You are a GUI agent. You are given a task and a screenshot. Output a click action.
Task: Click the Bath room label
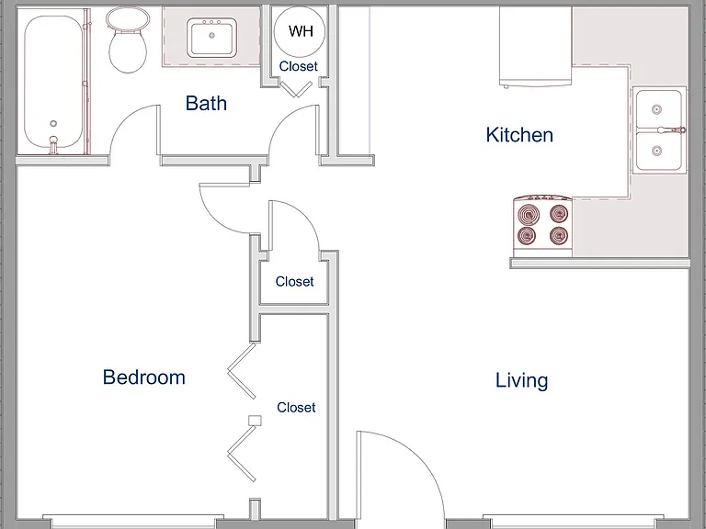[206, 103]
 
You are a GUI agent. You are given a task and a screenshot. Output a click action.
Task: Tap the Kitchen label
[519, 135]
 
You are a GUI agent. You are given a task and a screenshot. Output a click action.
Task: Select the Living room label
[522, 381]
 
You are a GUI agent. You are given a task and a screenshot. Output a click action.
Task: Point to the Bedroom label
[144, 377]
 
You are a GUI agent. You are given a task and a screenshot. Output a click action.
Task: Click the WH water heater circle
[300, 30]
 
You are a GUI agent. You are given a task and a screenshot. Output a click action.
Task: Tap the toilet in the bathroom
[128, 39]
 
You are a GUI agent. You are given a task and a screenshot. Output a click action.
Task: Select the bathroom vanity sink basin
[211, 38]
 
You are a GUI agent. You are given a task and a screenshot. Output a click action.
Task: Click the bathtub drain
[53, 124]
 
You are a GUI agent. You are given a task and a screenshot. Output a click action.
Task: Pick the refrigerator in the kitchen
[535, 46]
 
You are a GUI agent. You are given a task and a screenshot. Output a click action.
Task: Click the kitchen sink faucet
[671, 130]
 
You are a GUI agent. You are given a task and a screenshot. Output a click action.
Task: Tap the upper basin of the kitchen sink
[659, 108]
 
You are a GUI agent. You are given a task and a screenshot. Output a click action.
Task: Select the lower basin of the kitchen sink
[659, 152]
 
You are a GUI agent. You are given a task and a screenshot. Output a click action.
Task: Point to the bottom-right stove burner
[559, 236]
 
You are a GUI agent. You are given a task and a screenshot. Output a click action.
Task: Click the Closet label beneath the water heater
[298, 66]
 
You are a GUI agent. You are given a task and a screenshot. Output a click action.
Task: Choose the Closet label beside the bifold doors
[296, 408]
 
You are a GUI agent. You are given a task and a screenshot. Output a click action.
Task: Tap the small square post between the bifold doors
[255, 420]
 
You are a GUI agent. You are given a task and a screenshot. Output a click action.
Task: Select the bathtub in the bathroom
[53, 82]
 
